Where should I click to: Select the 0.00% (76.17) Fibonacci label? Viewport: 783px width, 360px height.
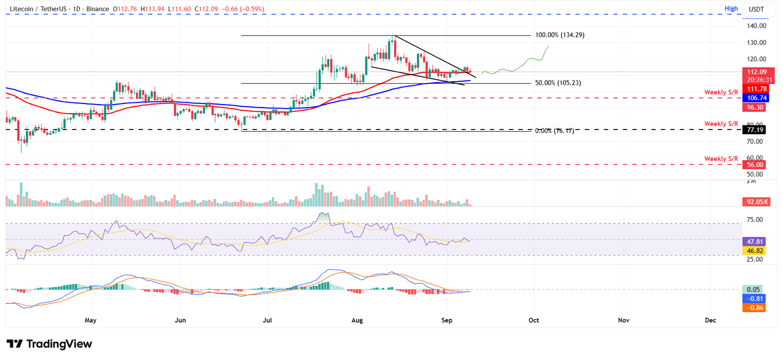click(554, 131)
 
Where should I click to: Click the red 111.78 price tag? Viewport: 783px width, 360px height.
click(753, 89)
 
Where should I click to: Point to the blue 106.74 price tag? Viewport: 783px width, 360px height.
click(753, 98)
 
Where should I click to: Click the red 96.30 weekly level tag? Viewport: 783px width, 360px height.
click(753, 108)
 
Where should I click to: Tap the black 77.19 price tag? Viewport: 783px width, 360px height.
click(753, 130)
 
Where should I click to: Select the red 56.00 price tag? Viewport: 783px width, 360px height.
click(753, 165)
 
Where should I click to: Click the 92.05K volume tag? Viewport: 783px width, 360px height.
click(753, 202)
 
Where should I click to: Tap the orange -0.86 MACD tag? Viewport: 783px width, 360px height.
click(753, 308)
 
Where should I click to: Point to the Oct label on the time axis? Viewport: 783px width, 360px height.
click(534, 320)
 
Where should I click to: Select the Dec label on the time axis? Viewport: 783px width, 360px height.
click(711, 320)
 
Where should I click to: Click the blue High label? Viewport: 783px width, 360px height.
click(731, 9)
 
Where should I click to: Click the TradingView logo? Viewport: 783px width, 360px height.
click(49, 344)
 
